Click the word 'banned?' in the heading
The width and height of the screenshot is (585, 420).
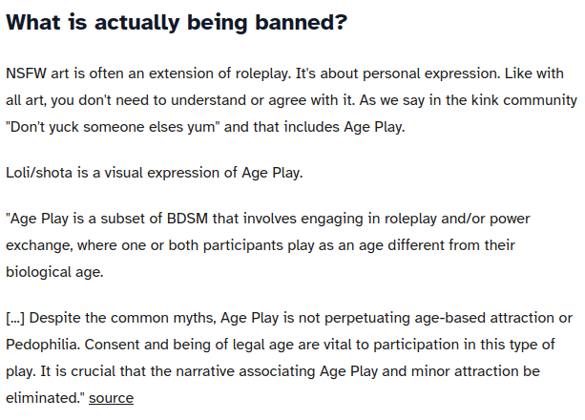click(x=301, y=22)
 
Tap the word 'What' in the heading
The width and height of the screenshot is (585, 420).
click(x=33, y=22)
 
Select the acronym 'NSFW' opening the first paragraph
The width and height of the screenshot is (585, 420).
click(x=26, y=73)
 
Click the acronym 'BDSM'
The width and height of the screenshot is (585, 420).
click(x=187, y=219)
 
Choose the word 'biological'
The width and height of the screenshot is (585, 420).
click(x=38, y=272)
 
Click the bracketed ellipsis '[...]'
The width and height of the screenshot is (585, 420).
click(x=15, y=318)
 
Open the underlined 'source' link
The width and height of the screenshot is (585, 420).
click(x=111, y=398)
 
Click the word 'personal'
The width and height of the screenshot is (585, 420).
click(x=391, y=73)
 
